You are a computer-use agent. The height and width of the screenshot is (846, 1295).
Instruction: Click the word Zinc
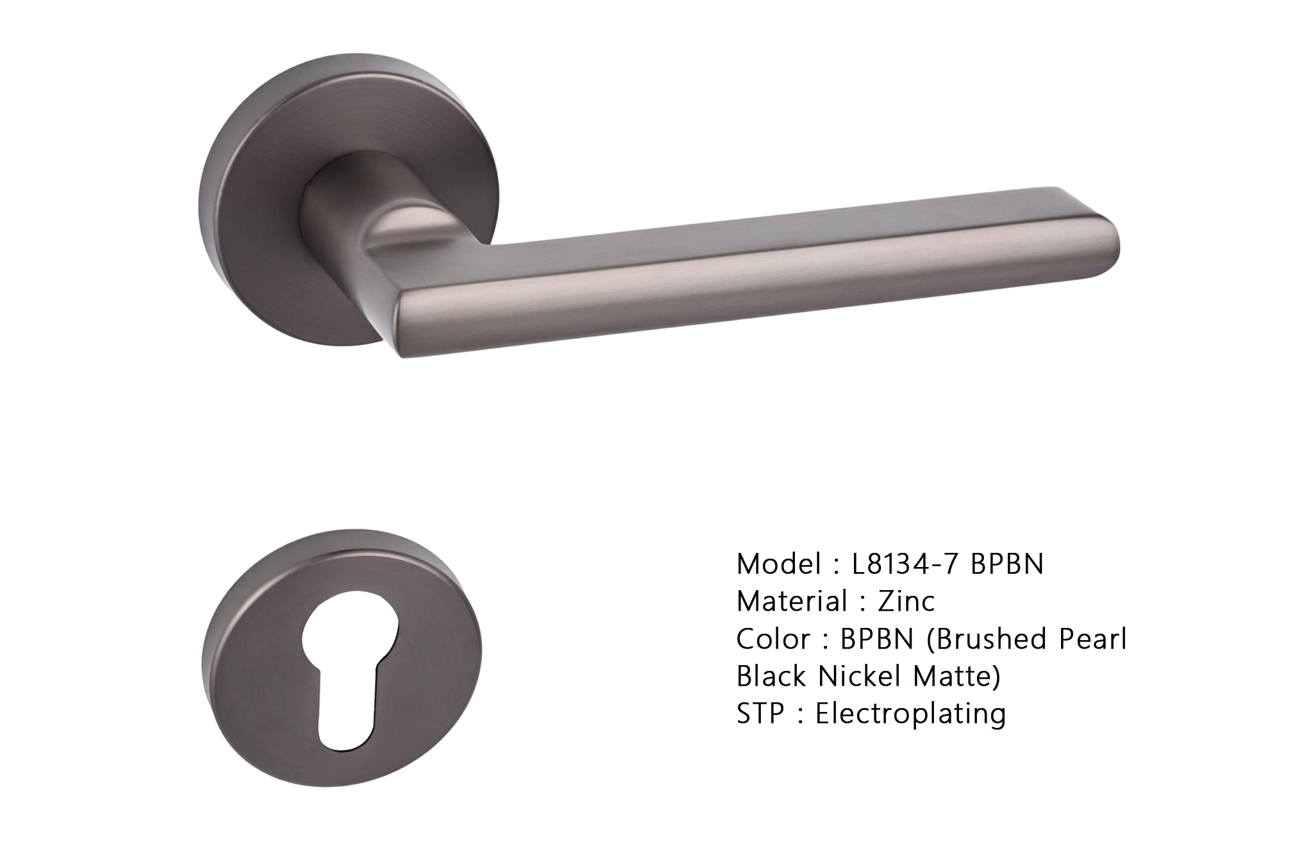tap(906, 601)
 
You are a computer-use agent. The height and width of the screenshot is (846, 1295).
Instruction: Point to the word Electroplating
tap(910, 713)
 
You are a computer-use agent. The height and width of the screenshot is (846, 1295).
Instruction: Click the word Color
tap(773, 639)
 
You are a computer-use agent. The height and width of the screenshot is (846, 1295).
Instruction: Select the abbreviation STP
tap(760, 713)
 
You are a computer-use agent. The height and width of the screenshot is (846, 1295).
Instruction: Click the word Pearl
tap(1094, 639)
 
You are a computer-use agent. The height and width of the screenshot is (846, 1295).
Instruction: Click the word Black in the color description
tap(771, 676)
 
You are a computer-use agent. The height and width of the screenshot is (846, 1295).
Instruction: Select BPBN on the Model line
tap(1007, 564)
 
